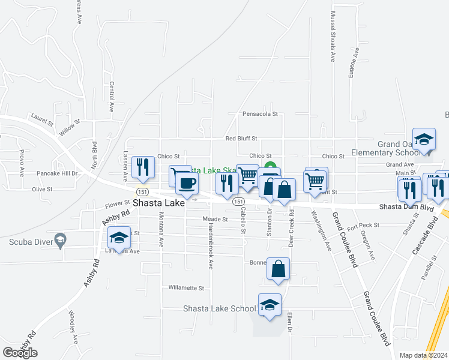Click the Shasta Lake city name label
[158, 203]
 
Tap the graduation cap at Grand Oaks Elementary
[424, 139]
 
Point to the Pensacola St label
[260, 113]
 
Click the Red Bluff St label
[241, 139]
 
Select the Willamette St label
[187, 287]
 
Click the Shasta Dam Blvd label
[406, 207]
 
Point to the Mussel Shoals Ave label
[332, 36]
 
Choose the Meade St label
[215, 220]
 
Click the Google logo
[20, 353]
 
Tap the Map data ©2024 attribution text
[423, 355]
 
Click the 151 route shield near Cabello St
[238, 202]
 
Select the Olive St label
[42, 189]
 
